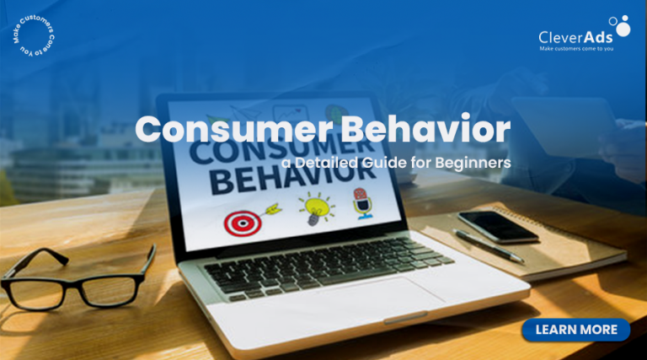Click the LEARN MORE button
575,330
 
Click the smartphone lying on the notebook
496,226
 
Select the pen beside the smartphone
488,246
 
